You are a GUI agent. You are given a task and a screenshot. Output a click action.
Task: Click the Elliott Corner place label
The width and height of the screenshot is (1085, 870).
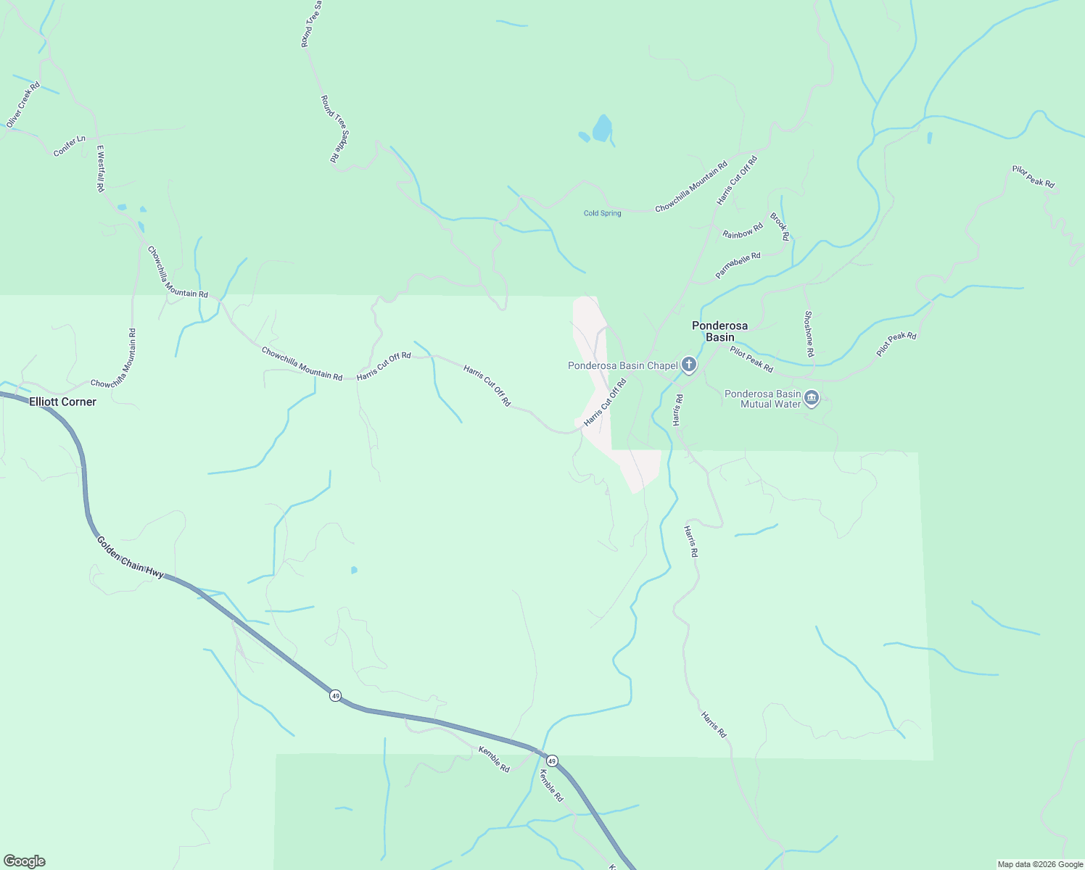pyautogui.click(x=62, y=402)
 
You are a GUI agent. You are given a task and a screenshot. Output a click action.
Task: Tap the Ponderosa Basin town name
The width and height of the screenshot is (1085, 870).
pyautogui.click(x=719, y=331)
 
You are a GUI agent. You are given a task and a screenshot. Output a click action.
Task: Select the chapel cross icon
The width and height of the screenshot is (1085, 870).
pyautogui.click(x=688, y=365)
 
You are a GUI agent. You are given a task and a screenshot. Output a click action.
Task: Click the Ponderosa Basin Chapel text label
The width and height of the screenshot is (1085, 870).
pyautogui.click(x=622, y=365)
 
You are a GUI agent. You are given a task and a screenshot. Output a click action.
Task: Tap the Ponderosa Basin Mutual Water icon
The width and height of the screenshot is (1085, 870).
pyautogui.click(x=812, y=397)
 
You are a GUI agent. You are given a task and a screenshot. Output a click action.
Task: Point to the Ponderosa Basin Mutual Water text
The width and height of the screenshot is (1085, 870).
pyautogui.click(x=762, y=399)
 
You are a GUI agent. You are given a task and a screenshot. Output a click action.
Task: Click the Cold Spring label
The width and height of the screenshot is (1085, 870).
pyautogui.click(x=602, y=213)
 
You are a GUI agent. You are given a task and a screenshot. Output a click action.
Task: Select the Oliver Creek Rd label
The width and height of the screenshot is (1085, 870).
pyautogui.click(x=23, y=105)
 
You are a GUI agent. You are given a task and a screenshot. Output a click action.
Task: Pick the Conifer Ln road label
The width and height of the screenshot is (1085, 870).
pyautogui.click(x=70, y=146)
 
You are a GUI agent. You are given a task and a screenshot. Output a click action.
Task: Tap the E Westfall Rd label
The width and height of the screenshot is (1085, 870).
pyautogui.click(x=101, y=168)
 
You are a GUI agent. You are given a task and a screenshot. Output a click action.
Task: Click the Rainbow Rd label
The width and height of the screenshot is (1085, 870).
pyautogui.click(x=743, y=231)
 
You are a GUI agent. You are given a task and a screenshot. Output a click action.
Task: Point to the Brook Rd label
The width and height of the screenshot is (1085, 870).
pyautogui.click(x=779, y=226)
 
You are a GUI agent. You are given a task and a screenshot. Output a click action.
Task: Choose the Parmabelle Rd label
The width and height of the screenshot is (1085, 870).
pyautogui.click(x=738, y=265)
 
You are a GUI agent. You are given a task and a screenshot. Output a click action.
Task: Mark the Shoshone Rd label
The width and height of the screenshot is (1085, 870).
pyautogui.click(x=809, y=333)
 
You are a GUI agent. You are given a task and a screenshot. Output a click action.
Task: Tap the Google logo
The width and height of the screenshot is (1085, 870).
pyautogui.click(x=25, y=861)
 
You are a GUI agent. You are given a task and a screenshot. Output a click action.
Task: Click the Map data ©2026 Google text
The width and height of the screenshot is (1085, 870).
pyautogui.click(x=1040, y=864)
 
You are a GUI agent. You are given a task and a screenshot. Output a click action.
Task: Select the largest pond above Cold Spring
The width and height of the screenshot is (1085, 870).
pyautogui.click(x=602, y=129)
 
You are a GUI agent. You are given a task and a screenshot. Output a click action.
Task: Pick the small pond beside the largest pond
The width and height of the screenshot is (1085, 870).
pyautogui.click(x=584, y=136)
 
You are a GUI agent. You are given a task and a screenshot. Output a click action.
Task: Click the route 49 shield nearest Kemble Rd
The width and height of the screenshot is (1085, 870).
pyautogui.click(x=552, y=761)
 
